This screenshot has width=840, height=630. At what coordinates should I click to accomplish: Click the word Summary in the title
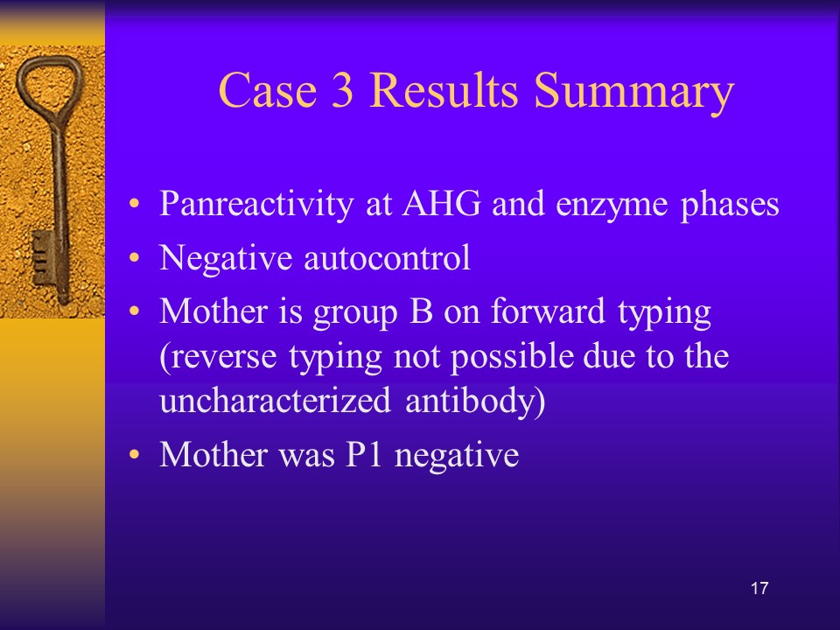(633, 92)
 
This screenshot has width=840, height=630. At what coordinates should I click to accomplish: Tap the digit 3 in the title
(342, 89)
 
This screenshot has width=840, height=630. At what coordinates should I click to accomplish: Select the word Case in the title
(268, 89)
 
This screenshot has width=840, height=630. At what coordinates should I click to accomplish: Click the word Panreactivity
(256, 205)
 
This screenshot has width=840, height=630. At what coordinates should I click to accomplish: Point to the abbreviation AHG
(441, 203)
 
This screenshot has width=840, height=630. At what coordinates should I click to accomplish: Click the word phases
(730, 205)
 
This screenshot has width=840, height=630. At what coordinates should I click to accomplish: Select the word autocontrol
(388, 257)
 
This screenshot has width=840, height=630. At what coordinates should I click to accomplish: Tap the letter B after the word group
(421, 311)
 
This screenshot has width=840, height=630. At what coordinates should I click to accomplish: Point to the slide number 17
(759, 588)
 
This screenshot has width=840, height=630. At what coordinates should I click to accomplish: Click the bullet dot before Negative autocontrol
(134, 257)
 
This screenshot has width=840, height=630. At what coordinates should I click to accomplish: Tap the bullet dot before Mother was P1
(134, 454)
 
